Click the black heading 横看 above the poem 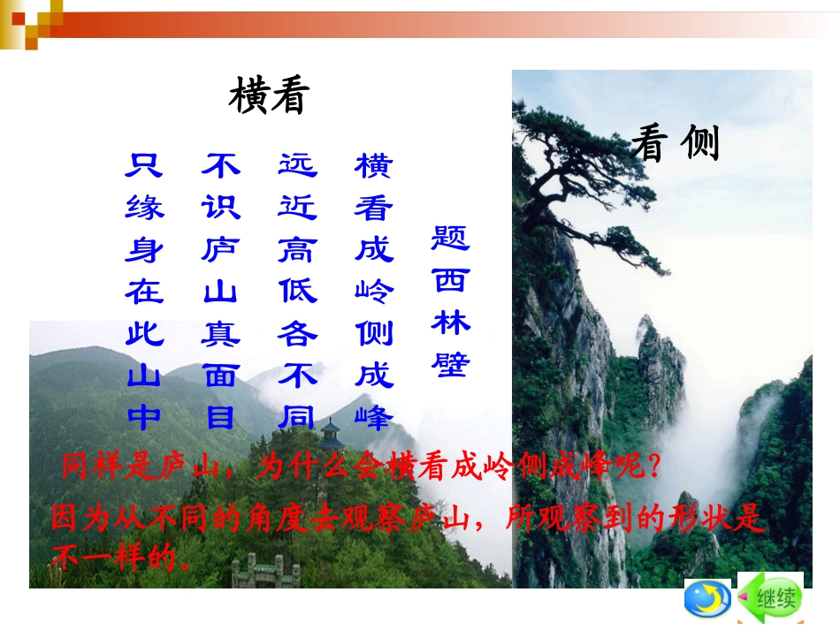tap(269, 95)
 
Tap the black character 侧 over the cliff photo tap(700, 143)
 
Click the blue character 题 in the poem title tap(451, 237)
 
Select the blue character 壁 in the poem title tap(451, 363)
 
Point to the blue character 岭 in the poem tap(374, 292)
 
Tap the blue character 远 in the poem tap(297, 165)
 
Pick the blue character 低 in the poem tap(297, 292)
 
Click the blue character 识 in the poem tap(221, 208)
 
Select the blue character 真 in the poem tap(221, 334)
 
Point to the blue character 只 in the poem tap(145, 165)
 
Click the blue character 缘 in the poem tap(145, 208)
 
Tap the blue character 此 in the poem tap(145, 334)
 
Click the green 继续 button tap(770, 599)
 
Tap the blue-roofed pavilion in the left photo tap(332, 433)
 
